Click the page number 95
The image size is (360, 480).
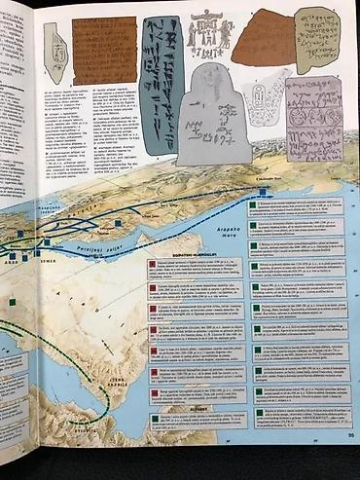point(350,436)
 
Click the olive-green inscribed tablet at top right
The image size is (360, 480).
point(316,39)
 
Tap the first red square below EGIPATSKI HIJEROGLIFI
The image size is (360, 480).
point(153,264)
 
